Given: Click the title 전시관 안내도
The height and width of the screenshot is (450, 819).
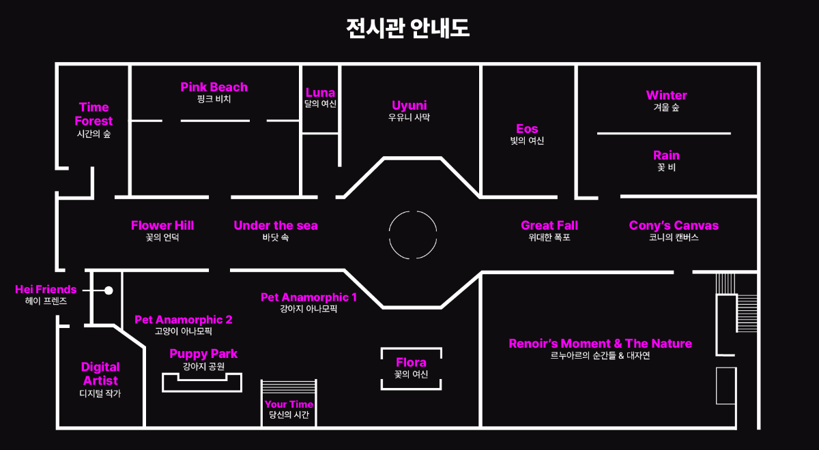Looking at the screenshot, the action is click(408, 29).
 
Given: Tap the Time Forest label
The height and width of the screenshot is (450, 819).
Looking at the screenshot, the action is click(94, 114).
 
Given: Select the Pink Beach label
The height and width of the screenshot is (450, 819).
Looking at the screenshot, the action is click(214, 87).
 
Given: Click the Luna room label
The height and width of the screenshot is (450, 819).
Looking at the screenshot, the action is click(320, 93).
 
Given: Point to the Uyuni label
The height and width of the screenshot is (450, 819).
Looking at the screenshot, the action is click(409, 106).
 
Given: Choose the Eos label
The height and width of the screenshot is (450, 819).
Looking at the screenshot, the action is click(527, 129).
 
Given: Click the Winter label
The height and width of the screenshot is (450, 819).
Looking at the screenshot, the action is click(666, 95).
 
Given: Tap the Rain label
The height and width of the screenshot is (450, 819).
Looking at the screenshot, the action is click(666, 155).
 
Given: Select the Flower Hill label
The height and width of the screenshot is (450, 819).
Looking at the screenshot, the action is click(162, 226).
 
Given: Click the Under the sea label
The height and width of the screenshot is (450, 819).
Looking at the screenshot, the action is click(276, 226).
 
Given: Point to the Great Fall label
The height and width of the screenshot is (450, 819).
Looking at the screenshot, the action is click(549, 226).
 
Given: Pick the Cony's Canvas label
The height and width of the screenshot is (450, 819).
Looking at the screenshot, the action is click(674, 226).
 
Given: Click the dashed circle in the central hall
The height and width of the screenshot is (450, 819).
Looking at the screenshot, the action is click(413, 235).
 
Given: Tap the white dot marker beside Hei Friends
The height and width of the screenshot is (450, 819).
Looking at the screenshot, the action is click(109, 290).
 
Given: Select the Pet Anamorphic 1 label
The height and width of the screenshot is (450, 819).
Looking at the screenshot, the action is click(308, 297).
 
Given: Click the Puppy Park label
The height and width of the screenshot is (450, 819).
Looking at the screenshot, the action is click(203, 354).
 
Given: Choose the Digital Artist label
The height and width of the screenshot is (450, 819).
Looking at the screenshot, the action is click(100, 374).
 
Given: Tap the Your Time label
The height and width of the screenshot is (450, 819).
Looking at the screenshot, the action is click(289, 404).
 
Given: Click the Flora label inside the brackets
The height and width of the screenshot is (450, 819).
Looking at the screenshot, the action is click(411, 363).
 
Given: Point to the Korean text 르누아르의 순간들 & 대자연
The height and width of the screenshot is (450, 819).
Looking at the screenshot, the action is click(600, 355).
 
